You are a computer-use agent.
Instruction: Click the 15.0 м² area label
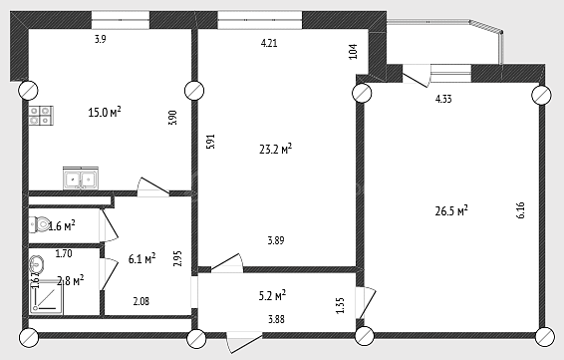click(x=105, y=112)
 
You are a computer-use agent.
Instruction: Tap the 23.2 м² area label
click(x=275, y=149)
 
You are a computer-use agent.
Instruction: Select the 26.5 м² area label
click(x=451, y=210)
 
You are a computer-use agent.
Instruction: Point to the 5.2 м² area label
click(x=272, y=296)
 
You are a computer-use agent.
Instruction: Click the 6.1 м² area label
click(x=142, y=258)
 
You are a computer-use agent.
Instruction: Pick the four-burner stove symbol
click(x=41, y=116)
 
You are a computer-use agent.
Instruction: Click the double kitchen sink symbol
click(x=81, y=178)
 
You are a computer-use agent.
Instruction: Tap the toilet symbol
click(x=39, y=225)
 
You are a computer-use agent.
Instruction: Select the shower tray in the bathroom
click(x=46, y=297)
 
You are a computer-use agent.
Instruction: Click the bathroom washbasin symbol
click(x=36, y=264)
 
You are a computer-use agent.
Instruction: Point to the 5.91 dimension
click(x=210, y=142)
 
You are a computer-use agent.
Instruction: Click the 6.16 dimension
click(x=520, y=210)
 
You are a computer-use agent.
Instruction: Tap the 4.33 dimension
click(x=443, y=99)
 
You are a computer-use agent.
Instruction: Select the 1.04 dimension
click(x=354, y=52)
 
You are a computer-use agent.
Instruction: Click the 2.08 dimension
click(x=141, y=301)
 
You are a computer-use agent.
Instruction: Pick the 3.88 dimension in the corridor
click(x=276, y=319)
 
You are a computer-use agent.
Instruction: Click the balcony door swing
click(x=417, y=76)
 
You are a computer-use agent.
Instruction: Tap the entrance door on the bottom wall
click(x=244, y=342)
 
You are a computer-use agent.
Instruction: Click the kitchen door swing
click(x=153, y=187)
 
